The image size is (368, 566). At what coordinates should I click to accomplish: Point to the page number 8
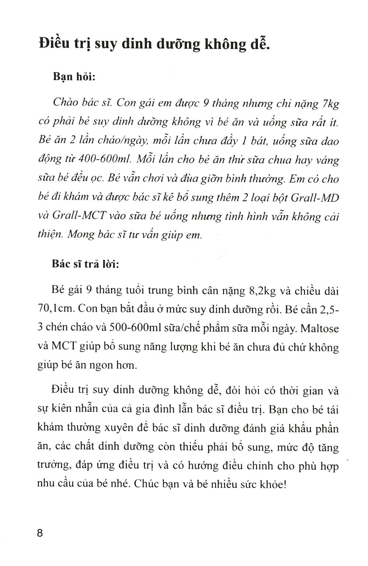click(40, 533)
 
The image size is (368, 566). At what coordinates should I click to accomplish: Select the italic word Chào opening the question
click(66, 103)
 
